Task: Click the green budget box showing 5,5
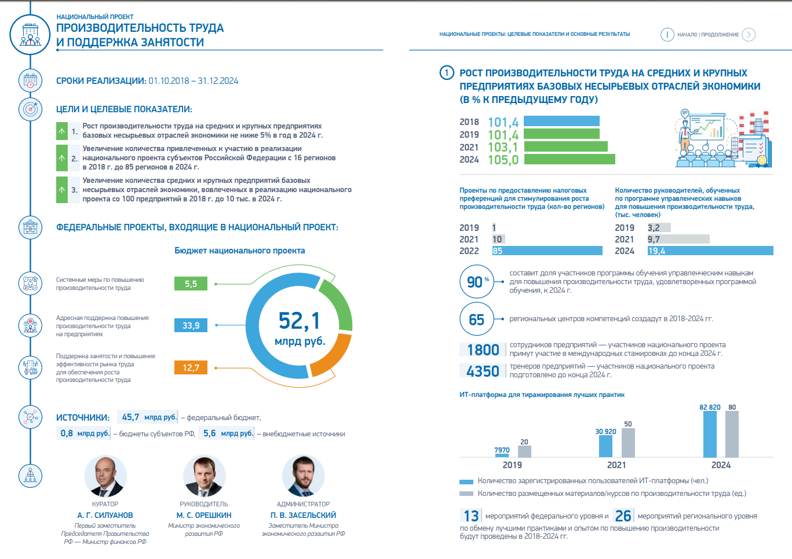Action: (x=191, y=284)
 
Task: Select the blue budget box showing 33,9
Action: (x=191, y=326)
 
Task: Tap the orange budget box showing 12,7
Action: (x=191, y=367)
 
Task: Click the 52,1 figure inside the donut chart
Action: (x=299, y=321)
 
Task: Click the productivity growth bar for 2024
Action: (x=569, y=159)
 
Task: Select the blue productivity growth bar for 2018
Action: (x=561, y=121)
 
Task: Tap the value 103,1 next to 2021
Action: (x=503, y=147)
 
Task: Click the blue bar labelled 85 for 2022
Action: (x=547, y=251)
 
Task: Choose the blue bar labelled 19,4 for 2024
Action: (x=710, y=251)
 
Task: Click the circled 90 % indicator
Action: (x=477, y=282)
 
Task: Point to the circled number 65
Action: (x=476, y=319)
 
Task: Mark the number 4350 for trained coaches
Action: (x=483, y=372)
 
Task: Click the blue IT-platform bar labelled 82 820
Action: (x=710, y=434)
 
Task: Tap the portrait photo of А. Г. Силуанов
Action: (x=105, y=476)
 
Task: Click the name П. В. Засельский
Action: (x=303, y=515)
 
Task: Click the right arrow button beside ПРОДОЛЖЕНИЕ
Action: (x=749, y=35)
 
